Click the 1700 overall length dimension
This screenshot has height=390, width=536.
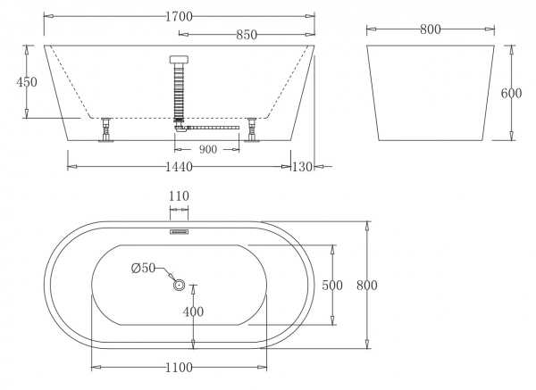tap(179, 16)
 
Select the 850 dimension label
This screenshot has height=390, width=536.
tap(247, 35)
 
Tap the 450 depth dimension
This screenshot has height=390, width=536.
tap(27, 82)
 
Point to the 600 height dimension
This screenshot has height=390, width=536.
tap(511, 93)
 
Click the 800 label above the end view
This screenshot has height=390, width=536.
tap(431, 29)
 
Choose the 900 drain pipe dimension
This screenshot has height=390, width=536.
tap(208, 149)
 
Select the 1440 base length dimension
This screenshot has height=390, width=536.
tap(179, 167)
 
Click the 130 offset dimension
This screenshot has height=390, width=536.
tap(302, 167)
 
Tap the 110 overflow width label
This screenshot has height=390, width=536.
tap(179, 196)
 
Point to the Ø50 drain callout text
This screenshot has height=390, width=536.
tap(143, 268)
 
